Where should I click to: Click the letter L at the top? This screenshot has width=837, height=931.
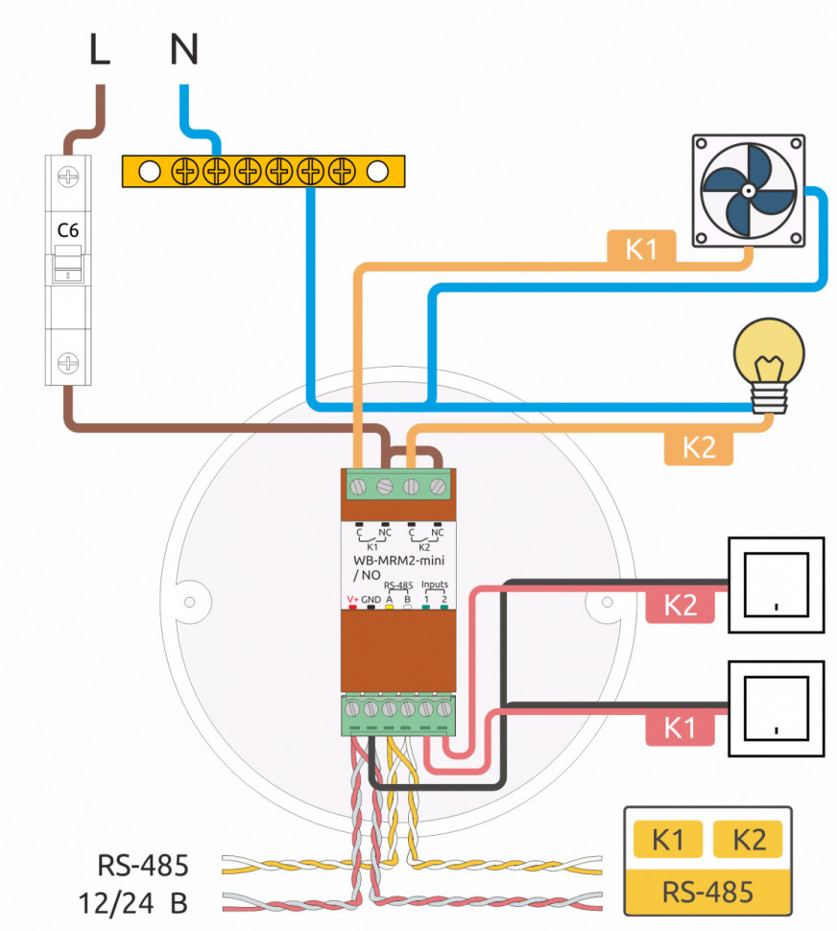click(x=99, y=49)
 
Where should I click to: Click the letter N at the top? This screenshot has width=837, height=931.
click(x=184, y=49)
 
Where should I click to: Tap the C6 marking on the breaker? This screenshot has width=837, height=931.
click(x=67, y=230)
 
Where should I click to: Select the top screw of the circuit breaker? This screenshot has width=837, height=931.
click(x=68, y=178)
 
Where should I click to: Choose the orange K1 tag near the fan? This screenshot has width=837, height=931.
click(x=640, y=249)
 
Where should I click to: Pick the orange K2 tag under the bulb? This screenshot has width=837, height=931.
click(x=699, y=448)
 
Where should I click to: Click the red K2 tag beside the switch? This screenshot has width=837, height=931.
click(x=680, y=606)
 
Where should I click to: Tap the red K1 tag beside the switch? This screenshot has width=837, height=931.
click(x=680, y=728)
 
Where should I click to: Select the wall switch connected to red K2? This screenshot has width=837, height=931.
click(x=776, y=585)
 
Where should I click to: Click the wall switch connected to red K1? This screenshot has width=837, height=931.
click(x=776, y=708)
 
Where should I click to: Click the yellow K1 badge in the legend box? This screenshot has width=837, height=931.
click(x=667, y=840)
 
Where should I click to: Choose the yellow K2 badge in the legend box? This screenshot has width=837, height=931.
click(x=748, y=840)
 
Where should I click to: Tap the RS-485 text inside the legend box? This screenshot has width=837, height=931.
click(x=707, y=892)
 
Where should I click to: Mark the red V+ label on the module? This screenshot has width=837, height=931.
click(x=352, y=599)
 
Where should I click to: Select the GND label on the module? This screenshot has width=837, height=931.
click(x=371, y=599)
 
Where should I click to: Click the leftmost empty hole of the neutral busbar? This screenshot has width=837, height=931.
click(x=149, y=172)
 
